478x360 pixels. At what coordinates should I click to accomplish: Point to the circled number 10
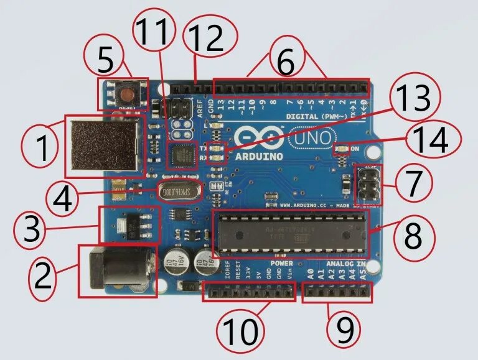click(x=240, y=331)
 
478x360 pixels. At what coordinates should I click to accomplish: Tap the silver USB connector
click(x=103, y=145)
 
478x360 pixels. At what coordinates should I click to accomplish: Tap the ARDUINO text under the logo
click(x=260, y=155)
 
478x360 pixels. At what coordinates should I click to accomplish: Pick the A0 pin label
click(x=310, y=272)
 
